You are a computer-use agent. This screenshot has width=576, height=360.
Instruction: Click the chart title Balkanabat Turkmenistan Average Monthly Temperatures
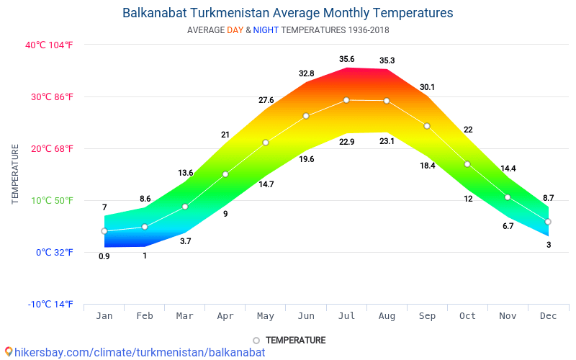(x=288, y=13)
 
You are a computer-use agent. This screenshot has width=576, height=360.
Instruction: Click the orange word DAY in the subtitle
(x=235, y=30)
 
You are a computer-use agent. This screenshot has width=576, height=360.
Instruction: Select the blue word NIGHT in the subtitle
(x=266, y=30)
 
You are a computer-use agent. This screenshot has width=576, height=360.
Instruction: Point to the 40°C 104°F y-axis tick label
(x=49, y=45)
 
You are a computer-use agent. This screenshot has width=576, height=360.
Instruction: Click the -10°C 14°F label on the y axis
(x=50, y=304)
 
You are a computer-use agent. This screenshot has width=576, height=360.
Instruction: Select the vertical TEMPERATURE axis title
(x=15, y=174)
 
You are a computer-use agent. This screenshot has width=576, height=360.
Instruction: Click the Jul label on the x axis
(x=346, y=316)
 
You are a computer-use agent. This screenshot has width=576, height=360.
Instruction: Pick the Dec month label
(x=548, y=316)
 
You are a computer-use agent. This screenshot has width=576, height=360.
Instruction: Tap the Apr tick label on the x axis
(x=225, y=316)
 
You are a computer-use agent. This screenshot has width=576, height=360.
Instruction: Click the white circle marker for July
(x=346, y=100)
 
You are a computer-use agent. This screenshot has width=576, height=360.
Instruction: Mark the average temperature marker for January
(x=104, y=231)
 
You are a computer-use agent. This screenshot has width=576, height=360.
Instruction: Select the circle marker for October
(x=467, y=164)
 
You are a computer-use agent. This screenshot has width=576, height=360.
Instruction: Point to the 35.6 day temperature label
(x=346, y=59)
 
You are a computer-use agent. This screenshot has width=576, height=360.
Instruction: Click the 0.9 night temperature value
(x=104, y=256)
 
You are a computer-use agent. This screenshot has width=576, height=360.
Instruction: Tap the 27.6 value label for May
(x=266, y=100)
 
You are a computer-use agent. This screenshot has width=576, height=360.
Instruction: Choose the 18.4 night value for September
(x=427, y=166)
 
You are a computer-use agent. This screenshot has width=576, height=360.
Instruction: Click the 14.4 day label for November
(x=508, y=168)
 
